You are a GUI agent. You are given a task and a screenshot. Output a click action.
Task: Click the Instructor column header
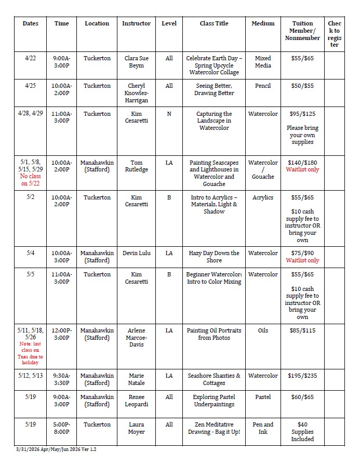[136, 23]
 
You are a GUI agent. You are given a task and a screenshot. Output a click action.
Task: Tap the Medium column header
[263, 23]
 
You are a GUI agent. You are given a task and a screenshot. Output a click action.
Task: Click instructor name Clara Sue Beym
[136, 62]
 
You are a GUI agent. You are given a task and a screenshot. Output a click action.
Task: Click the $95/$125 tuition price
[302, 114]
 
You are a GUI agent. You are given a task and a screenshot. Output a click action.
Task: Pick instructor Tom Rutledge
[136, 166]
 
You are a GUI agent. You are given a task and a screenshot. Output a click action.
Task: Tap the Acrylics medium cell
[263, 197]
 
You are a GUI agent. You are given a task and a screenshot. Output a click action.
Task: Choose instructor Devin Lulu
[136, 253]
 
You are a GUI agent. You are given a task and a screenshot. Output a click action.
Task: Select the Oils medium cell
[263, 330]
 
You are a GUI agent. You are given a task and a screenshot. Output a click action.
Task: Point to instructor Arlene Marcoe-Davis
[136, 337]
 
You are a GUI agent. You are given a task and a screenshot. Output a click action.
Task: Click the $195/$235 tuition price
[302, 376]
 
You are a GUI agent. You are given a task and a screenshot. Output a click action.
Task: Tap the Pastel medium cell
[263, 397]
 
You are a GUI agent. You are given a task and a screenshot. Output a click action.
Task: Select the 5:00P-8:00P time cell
[62, 428]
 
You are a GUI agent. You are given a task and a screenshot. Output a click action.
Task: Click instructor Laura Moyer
[136, 428]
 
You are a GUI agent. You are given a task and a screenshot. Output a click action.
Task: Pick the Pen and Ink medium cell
[263, 428]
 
